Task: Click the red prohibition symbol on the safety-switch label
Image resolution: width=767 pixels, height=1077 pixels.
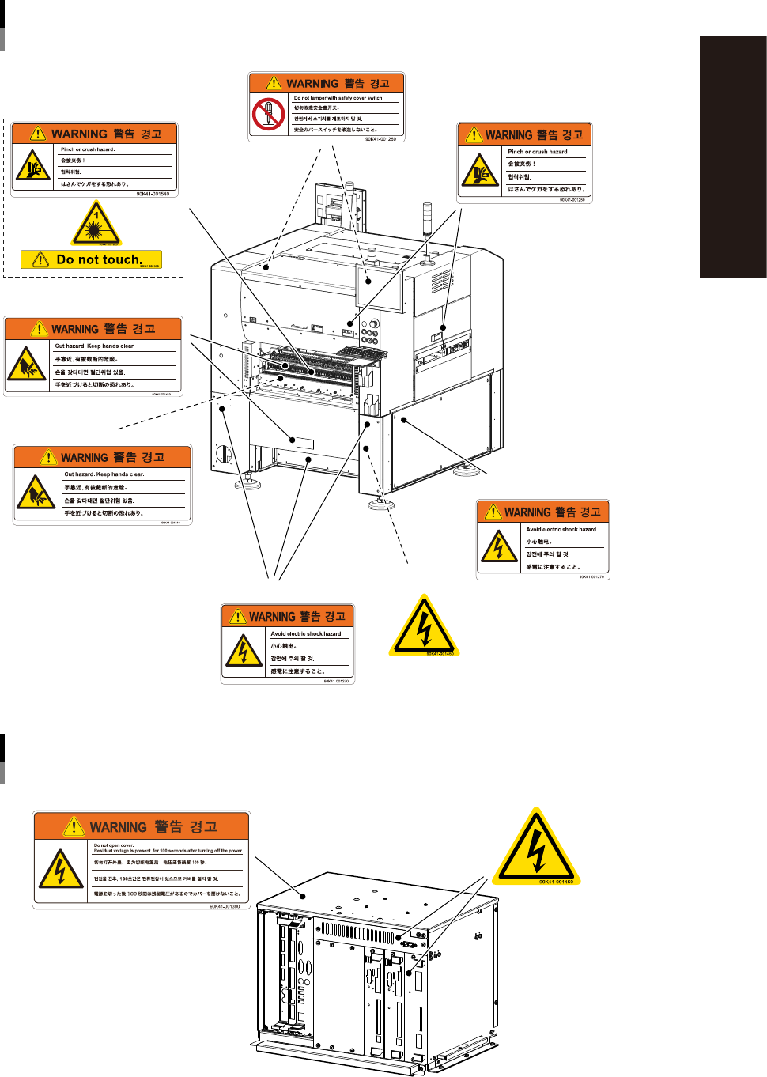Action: [x=268, y=114]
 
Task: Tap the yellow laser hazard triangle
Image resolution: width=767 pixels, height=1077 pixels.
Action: [x=96, y=225]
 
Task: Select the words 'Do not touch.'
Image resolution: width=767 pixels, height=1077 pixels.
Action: [x=100, y=259]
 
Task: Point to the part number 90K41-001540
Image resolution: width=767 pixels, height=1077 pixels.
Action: [x=153, y=194]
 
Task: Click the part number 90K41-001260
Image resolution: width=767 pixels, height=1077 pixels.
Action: [x=380, y=139]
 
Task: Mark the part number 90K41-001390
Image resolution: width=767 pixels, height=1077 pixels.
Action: [x=225, y=907]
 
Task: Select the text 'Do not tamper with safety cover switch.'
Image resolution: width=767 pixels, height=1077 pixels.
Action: [x=338, y=98]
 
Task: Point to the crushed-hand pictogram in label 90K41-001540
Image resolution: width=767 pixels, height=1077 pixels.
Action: [x=33, y=165]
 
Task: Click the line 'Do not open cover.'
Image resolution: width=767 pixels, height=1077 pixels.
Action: [x=114, y=845]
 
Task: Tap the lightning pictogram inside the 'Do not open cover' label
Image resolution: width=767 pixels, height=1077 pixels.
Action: [x=60, y=870]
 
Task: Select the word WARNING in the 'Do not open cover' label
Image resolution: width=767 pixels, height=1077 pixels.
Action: [x=118, y=827]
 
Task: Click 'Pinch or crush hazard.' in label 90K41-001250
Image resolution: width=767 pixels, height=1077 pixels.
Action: [x=538, y=152]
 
